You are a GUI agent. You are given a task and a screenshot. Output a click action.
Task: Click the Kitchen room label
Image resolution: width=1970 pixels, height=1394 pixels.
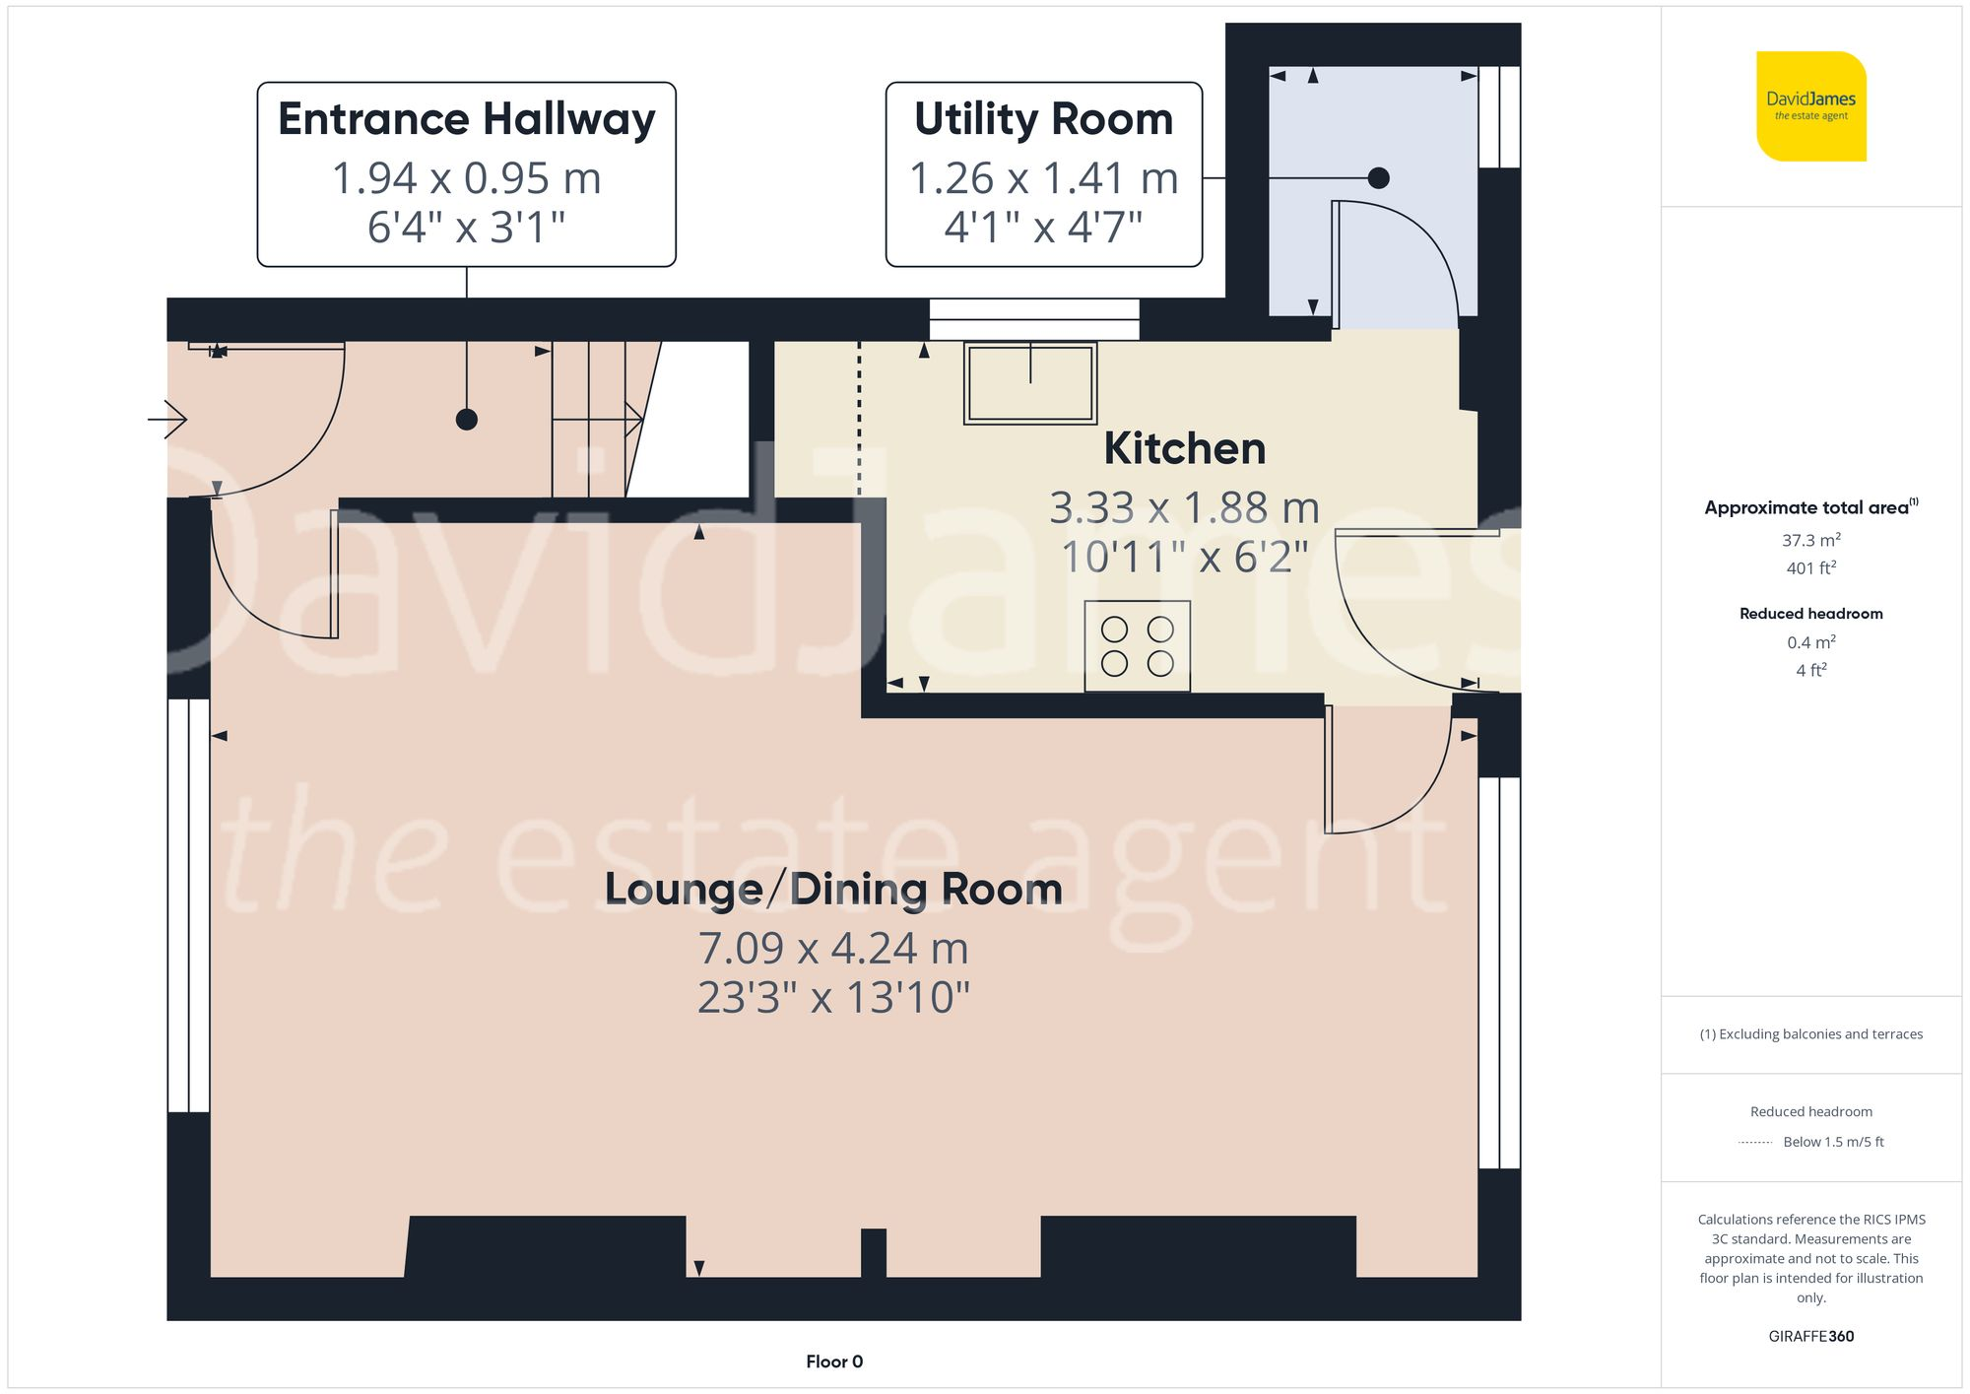[1184, 449]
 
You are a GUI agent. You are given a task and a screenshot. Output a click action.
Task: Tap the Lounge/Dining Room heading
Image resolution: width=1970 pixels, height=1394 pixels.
[833, 889]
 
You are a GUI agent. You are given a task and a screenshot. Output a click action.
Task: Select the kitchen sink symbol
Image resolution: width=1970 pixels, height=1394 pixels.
[1030, 383]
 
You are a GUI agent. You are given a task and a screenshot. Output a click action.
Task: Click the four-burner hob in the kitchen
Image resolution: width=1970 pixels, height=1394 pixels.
[1137, 646]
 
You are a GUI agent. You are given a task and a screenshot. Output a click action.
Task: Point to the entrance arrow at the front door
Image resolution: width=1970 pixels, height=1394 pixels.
[167, 420]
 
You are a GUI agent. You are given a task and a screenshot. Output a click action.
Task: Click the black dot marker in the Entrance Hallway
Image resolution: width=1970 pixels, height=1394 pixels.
[467, 420]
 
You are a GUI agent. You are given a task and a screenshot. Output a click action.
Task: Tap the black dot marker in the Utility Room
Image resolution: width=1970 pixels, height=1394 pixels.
[1379, 178]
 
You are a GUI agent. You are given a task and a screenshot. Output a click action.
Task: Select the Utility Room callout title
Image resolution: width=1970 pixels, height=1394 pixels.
[1043, 119]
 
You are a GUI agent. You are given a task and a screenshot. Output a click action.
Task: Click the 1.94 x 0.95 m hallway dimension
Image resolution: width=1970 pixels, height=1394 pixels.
[466, 178]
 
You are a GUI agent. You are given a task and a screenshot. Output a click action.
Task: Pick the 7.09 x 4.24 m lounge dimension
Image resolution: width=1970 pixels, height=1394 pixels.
[833, 949]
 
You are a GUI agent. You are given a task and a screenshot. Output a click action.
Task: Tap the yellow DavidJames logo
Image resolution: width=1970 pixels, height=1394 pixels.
[1810, 106]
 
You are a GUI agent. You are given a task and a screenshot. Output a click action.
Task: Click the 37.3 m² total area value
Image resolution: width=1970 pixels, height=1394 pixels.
[1810, 540]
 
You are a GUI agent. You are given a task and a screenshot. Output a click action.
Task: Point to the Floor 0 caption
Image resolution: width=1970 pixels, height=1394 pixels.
[833, 1361]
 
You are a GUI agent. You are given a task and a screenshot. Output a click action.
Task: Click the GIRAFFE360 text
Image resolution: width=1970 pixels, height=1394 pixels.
[1810, 1336]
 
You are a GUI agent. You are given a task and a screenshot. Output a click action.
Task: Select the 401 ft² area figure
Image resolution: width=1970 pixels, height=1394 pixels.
[1810, 568]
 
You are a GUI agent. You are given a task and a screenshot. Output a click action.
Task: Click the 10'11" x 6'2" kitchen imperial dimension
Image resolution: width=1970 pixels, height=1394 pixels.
[1184, 558]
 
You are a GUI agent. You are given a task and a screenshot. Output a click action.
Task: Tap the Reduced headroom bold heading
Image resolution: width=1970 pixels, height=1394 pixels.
[1810, 614]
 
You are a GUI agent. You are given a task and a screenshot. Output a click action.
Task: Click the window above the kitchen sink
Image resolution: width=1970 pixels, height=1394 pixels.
[1034, 319]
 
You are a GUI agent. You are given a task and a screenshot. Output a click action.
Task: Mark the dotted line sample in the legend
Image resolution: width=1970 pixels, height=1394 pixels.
[1755, 1143]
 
